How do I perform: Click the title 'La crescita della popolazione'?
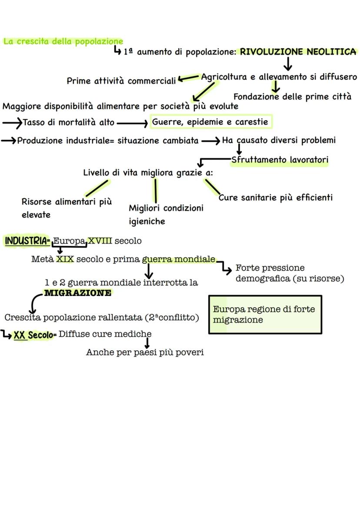tap(63, 42)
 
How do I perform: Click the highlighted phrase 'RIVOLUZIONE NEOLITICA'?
tap(298, 52)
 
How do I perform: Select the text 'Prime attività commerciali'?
tap(121, 81)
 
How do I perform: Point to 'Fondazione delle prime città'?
tap(292, 96)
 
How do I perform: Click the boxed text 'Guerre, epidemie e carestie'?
tap(210, 122)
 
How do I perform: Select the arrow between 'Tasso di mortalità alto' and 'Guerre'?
tap(132, 123)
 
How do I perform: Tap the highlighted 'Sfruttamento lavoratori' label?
tap(280, 160)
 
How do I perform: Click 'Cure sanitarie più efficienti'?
tap(276, 198)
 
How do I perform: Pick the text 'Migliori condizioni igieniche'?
tap(166, 214)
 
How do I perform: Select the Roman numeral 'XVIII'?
tap(100, 241)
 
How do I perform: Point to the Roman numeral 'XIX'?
tap(65, 259)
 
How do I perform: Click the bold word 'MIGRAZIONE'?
tap(78, 293)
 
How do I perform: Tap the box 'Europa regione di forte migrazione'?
tap(265, 314)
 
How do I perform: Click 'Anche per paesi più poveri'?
tap(145, 352)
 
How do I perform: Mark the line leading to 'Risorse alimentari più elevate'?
tap(96, 188)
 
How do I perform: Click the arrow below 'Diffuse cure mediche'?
tap(147, 343)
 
